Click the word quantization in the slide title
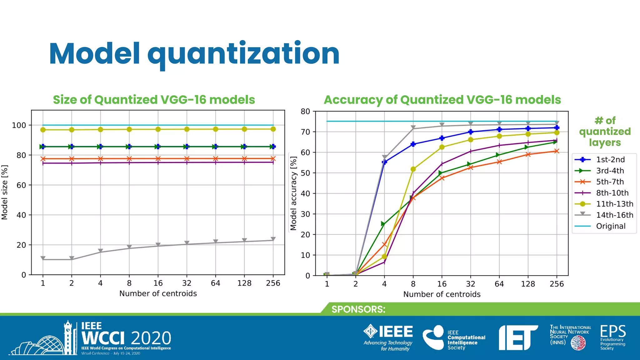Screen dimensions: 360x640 point(243,54)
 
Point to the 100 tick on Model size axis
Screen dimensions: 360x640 point(19,125)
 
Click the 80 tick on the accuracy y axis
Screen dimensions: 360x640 point(305,112)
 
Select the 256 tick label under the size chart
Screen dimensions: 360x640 point(273,283)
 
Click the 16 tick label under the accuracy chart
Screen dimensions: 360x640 point(442,284)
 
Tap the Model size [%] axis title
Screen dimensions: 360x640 point(5,192)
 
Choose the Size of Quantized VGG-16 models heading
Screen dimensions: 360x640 point(154,100)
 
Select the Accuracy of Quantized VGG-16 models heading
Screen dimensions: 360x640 point(442,100)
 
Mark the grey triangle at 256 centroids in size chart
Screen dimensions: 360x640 point(273,239)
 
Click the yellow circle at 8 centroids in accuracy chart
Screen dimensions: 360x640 point(413,169)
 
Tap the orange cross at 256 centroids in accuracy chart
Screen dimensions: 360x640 point(557,151)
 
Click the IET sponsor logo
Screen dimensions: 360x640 point(517,337)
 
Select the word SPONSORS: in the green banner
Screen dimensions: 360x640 point(358,309)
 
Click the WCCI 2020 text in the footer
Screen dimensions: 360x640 point(126,338)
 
